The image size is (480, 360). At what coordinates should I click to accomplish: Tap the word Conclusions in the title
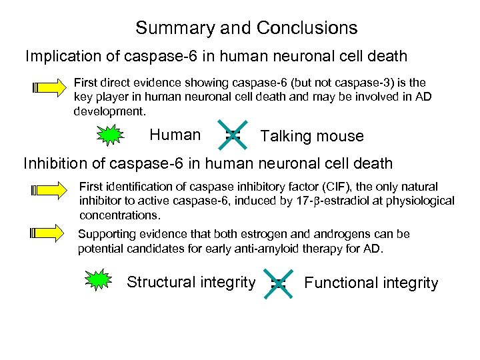click(x=307, y=29)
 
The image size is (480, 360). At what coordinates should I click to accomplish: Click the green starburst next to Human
click(x=111, y=136)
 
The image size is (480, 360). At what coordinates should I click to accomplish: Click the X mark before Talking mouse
click(x=233, y=135)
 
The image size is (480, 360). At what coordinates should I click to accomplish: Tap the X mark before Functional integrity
click(x=278, y=283)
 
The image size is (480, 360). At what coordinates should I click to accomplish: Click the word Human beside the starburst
click(x=175, y=135)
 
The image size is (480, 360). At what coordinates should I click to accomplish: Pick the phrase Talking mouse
click(x=312, y=137)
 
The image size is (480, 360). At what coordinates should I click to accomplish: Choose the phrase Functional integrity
click(x=371, y=283)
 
